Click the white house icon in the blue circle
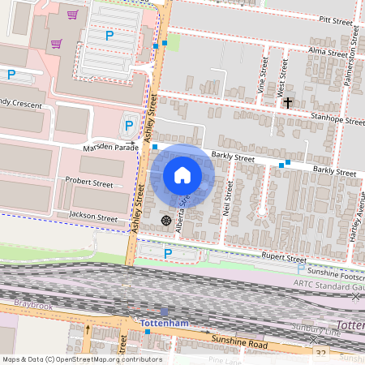pyautogui.click(x=182, y=174)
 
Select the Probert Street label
pyautogui.click(x=89, y=183)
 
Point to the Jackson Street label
pyautogui.click(x=94, y=217)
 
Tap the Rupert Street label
pyautogui.click(x=283, y=258)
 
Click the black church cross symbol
pyautogui.click(x=288, y=103)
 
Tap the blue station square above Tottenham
pyautogui.click(x=165, y=311)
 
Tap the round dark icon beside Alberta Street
pyautogui.click(x=166, y=220)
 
